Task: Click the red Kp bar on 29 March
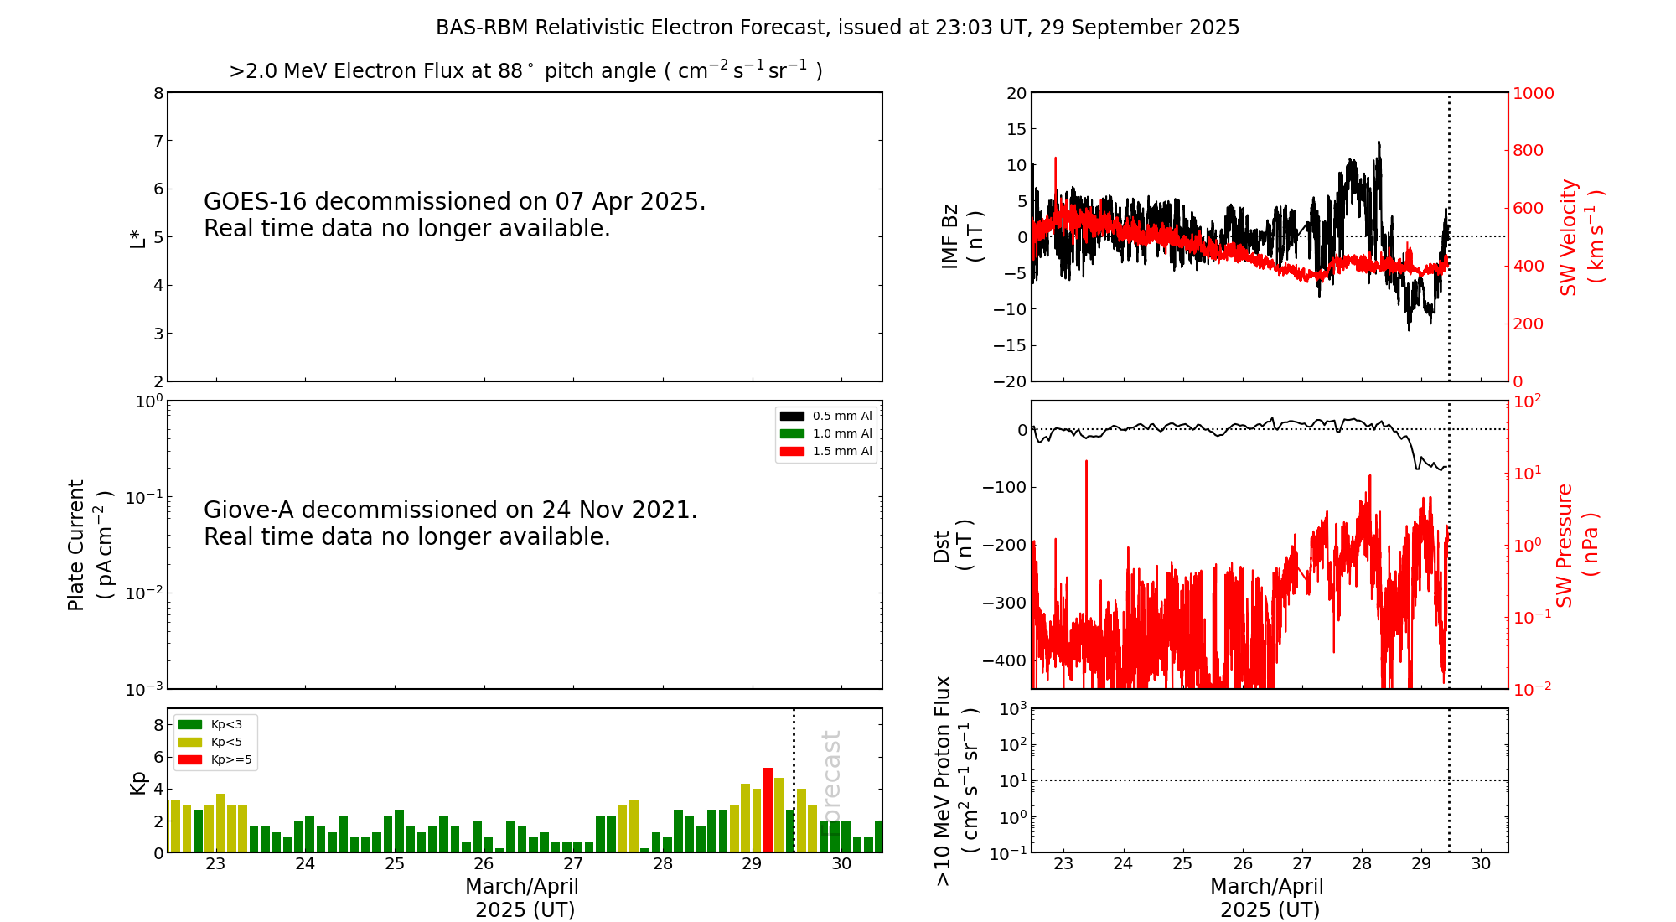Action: [768, 809]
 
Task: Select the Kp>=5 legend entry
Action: [214, 760]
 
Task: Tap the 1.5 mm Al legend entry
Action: [826, 451]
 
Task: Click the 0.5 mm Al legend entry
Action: [826, 416]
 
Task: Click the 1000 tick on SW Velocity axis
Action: [1533, 93]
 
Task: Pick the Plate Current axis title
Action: [88, 545]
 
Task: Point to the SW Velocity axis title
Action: [1580, 237]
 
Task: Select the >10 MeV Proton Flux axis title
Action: [955, 780]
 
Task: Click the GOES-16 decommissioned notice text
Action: [454, 215]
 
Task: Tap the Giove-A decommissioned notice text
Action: [450, 523]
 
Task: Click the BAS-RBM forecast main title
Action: [837, 28]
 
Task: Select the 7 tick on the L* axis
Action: [158, 141]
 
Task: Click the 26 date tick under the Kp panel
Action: [484, 864]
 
